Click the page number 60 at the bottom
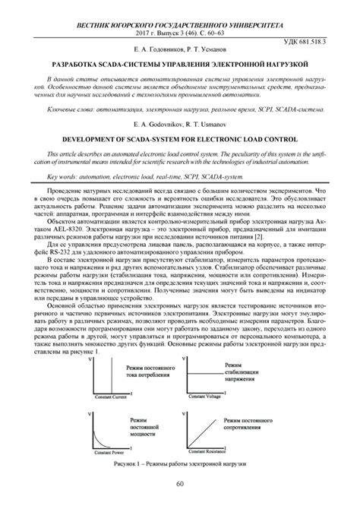(180, 484)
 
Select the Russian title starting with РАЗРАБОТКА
(180, 66)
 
